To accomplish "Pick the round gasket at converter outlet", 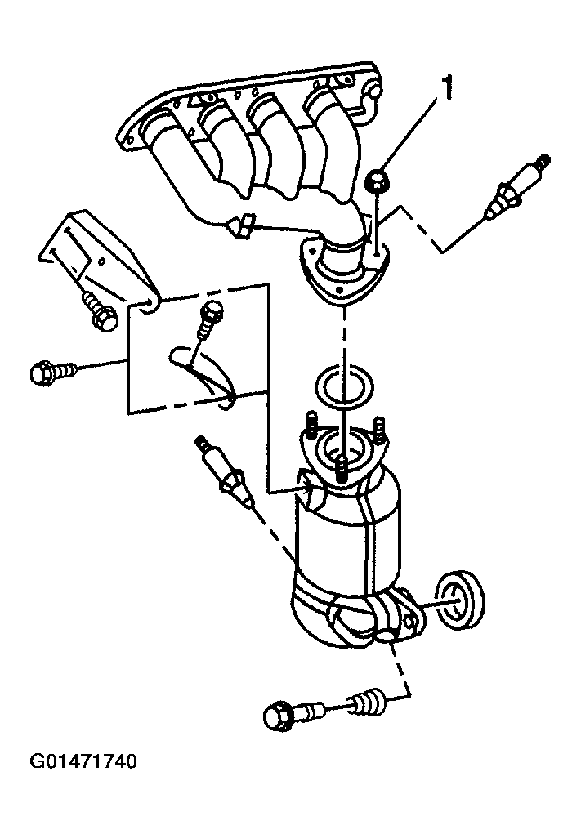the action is point(461,600).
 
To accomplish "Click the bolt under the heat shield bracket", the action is point(100,312).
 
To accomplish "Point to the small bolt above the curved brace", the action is point(209,319).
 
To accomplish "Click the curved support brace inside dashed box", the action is point(204,375).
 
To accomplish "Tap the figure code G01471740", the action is point(83,761).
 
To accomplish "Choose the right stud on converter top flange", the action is point(379,429).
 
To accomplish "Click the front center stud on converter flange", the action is point(342,468).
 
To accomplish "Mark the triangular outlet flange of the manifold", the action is point(344,270).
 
